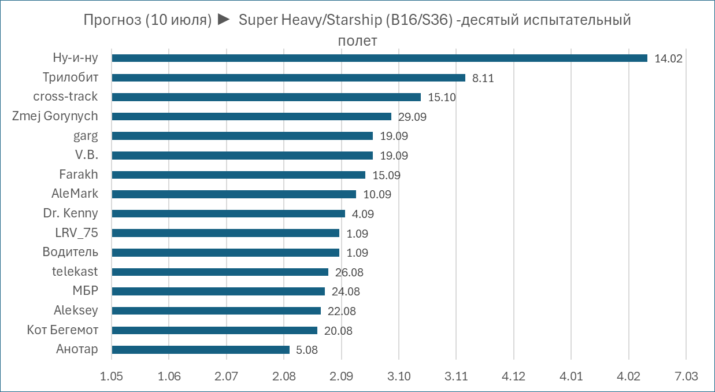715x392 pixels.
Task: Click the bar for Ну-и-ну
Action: [x=379, y=58]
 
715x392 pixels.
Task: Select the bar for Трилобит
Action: [x=288, y=77]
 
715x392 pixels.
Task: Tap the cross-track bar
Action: [x=266, y=97]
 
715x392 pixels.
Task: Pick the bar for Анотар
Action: [x=200, y=350]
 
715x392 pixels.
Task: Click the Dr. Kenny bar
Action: [x=228, y=213]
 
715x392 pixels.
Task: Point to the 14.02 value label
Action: [x=669, y=58]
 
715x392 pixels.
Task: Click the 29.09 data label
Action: [x=412, y=117]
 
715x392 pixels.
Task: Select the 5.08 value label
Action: [x=307, y=350]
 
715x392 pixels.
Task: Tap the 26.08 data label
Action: [x=349, y=272]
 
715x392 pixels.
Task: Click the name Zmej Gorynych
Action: [x=55, y=116]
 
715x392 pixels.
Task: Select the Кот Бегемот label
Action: [x=62, y=330]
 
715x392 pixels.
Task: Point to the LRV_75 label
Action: [x=72, y=233]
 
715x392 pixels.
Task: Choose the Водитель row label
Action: [x=70, y=252]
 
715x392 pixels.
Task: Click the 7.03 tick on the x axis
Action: [x=686, y=376]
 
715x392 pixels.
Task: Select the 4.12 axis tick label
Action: [x=513, y=376]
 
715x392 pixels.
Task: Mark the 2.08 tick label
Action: [x=284, y=376]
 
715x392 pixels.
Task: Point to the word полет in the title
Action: [x=357, y=41]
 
